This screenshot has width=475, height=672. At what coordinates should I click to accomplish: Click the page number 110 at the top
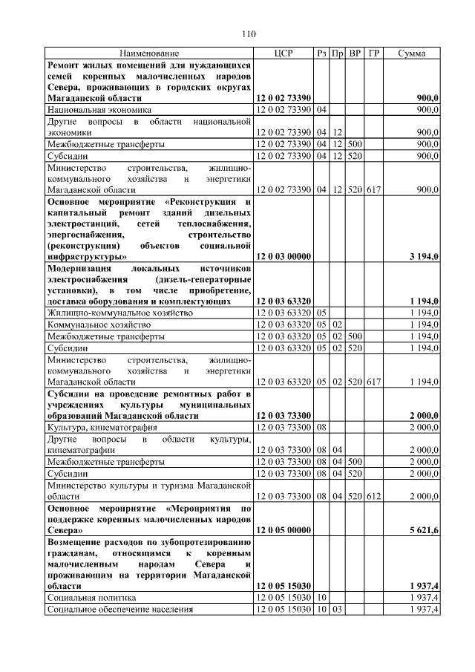pos(249,34)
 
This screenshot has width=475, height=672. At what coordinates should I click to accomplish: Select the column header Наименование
pos(149,54)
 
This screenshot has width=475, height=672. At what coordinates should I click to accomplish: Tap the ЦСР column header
pos(284,54)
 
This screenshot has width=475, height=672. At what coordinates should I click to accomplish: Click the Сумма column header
pos(411,54)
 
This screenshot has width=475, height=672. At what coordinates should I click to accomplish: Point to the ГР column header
pos(374,54)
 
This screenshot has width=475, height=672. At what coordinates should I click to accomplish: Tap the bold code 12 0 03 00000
pos(284,256)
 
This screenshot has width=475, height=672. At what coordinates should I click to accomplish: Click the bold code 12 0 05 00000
pos(284,531)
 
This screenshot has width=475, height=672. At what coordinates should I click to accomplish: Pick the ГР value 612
pos(373,496)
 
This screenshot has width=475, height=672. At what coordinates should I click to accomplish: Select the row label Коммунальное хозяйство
pos(99,324)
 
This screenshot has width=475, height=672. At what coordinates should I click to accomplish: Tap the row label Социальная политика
pos(93,597)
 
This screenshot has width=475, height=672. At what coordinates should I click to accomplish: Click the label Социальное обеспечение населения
pos(119,609)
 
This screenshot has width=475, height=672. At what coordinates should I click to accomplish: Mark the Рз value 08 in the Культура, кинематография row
pos(322,428)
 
